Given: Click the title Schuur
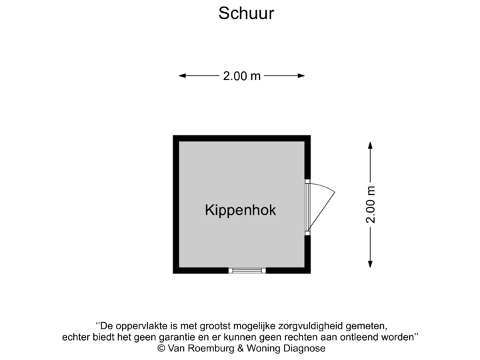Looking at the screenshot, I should pyautogui.click(x=246, y=14).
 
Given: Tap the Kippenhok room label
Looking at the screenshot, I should pyautogui.click(x=240, y=211).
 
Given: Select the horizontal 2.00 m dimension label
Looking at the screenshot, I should pyautogui.click(x=241, y=76).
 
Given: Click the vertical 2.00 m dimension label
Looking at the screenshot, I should pyautogui.click(x=371, y=205).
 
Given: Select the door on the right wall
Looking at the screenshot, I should pyautogui.click(x=308, y=207).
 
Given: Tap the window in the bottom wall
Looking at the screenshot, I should pyautogui.click(x=247, y=271).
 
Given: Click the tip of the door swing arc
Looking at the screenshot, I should pyautogui.click(x=335, y=193).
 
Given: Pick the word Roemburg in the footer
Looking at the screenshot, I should pyautogui.click(x=213, y=348).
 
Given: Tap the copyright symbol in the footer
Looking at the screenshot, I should pyautogui.click(x=161, y=348).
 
